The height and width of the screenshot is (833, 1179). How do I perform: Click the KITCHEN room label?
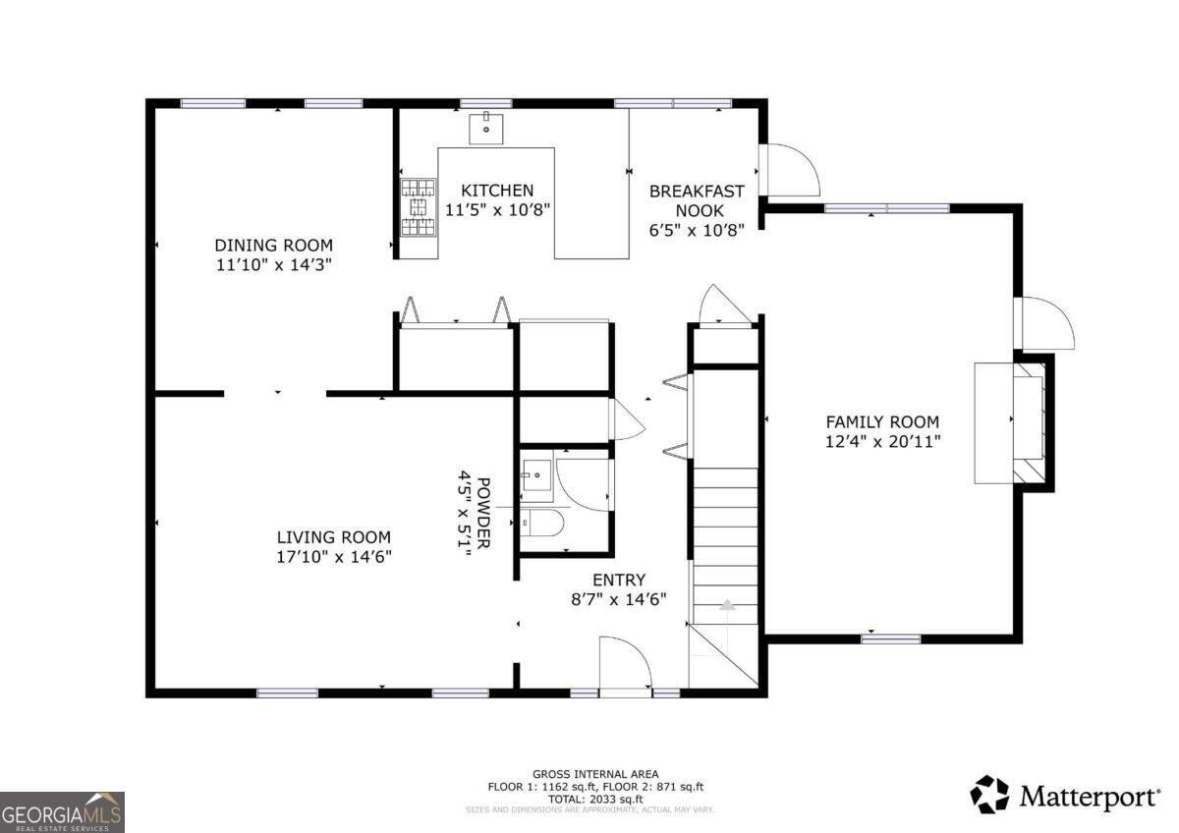[x=498, y=191]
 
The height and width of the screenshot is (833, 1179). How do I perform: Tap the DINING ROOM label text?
[x=274, y=246]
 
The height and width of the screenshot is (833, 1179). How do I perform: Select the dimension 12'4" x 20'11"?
[x=883, y=441]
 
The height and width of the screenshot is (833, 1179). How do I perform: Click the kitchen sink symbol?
[x=485, y=128]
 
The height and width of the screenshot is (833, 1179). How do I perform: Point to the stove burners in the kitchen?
[x=419, y=206]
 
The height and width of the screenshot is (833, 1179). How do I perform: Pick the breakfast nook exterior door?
[x=790, y=171]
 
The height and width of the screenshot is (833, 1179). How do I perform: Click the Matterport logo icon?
[x=989, y=795]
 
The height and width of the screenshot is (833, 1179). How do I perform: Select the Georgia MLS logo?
[x=62, y=811]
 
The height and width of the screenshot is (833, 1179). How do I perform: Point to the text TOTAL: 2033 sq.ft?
[x=595, y=799]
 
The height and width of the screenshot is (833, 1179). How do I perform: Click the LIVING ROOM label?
[x=333, y=537]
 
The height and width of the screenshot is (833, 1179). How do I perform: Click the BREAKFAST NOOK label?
[x=697, y=200]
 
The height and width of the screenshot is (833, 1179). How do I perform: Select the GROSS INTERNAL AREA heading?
[x=595, y=774]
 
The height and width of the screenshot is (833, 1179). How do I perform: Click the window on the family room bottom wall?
[x=890, y=639]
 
